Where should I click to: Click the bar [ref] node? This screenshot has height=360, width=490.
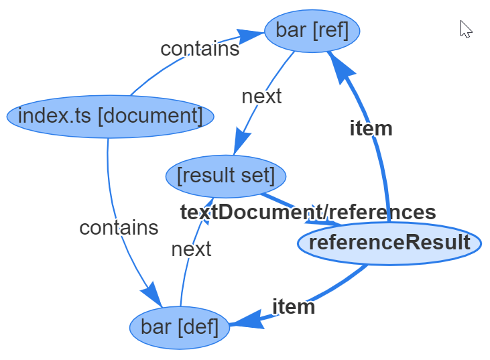pos(312,31)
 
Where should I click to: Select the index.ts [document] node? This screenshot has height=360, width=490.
pos(111,116)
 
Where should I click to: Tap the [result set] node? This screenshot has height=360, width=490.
pos(226,176)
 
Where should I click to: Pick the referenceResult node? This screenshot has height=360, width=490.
pos(389,242)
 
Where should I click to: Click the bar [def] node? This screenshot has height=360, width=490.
pos(180,327)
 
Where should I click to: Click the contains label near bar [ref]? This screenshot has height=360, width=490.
pos(200,48)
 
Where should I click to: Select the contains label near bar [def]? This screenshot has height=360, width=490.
pos(119,227)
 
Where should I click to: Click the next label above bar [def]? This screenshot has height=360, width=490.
pos(191,249)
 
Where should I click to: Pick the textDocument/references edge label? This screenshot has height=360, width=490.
pos(308,212)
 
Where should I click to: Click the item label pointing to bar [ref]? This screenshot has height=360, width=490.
pos(371,129)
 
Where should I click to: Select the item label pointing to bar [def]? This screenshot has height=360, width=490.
pos(293,306)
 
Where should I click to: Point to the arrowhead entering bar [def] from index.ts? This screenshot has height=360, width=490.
pos(152,296)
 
